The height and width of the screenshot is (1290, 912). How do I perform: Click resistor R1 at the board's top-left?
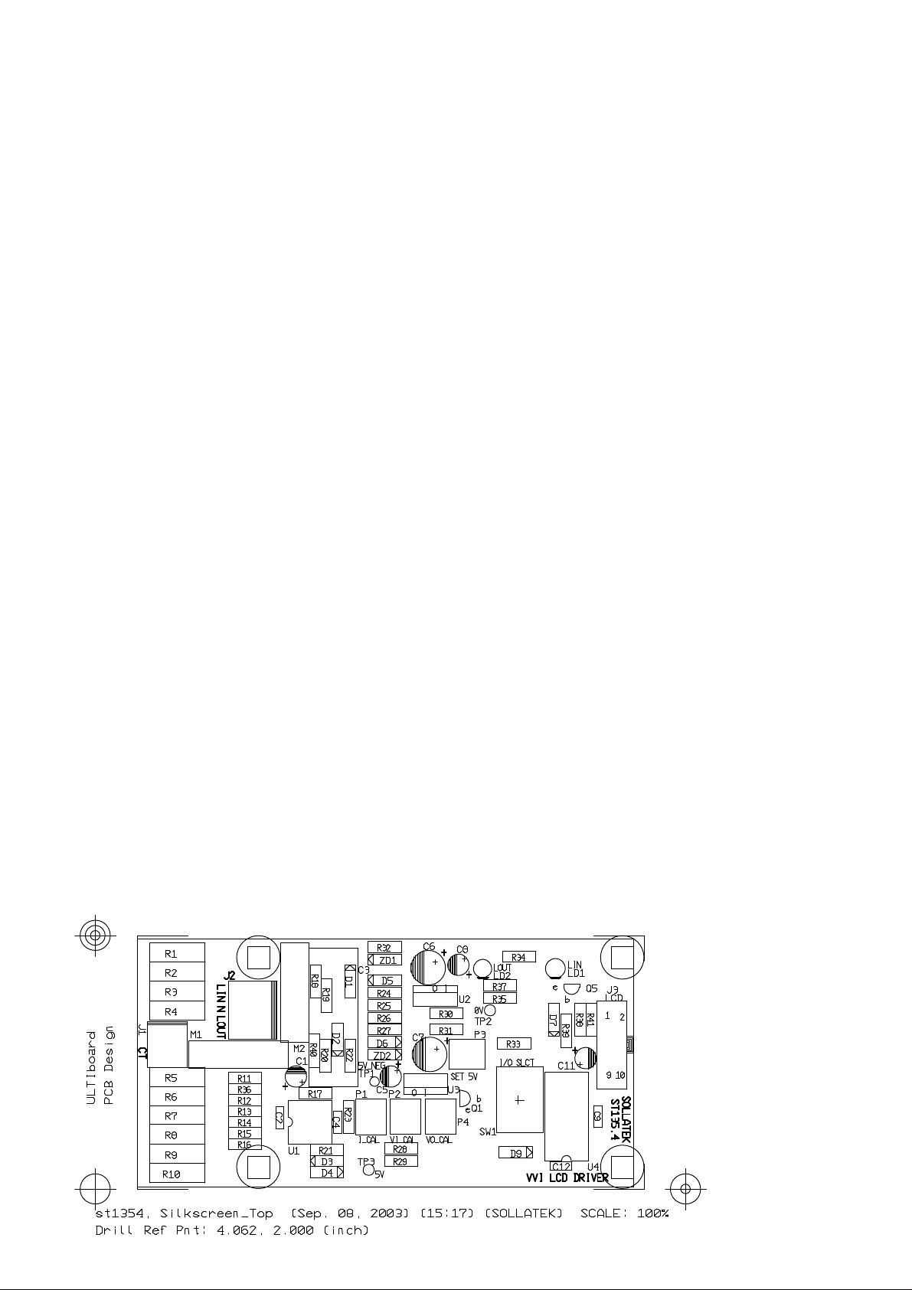(177, 953)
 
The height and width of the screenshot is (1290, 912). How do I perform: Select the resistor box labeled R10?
(177, 1174)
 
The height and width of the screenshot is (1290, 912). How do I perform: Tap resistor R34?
(518, 957)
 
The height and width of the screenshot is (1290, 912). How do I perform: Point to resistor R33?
(514, 1043)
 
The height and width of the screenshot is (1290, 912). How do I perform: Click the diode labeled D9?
(515, 1153)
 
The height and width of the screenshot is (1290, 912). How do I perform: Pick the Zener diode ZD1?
(385, 960)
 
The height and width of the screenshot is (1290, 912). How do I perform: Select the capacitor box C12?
(561, 1166)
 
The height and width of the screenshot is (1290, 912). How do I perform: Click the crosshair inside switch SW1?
(519, 1100)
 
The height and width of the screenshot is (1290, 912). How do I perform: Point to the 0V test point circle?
(490, 1011)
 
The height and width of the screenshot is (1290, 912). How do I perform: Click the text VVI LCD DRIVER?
(567, 1177)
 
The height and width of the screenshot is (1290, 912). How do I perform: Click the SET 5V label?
(464, 1076)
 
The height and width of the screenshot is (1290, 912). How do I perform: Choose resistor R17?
(315, 1093)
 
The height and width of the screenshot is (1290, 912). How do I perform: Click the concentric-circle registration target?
(95, 935)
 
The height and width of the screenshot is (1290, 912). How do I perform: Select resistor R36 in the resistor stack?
(245, 1089)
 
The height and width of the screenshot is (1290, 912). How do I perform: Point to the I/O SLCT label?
(517, 1063)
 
